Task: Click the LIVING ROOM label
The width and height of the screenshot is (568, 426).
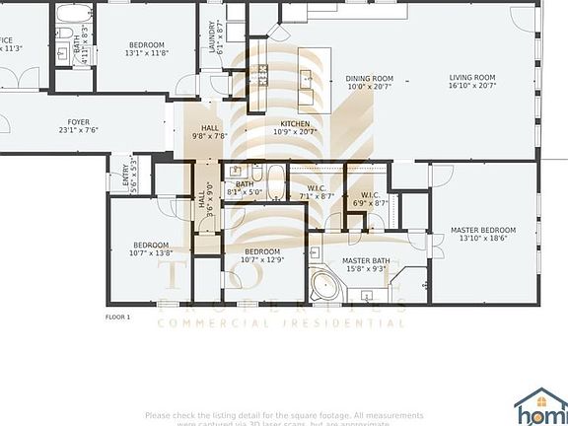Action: [x=472, y=78]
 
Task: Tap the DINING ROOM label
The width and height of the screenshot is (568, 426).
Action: [x=369, y=78]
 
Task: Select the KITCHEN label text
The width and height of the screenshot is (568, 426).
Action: [x=295, y=123]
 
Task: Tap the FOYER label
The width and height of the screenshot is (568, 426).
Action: [x=79, y=123]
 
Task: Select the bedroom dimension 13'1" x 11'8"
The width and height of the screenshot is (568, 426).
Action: [x=147, y=53]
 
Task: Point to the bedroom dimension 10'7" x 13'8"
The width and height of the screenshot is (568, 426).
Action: [x=151, y=253]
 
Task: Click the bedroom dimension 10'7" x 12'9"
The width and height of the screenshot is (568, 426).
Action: [x=263, y=260]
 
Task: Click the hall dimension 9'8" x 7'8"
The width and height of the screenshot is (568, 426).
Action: [x=210, y=136]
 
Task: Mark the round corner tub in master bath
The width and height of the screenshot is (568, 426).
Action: [x=322, y=286]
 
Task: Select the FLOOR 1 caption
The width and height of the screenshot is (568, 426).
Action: [x=117, y=318]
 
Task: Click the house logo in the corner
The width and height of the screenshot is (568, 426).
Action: [x=540, y=404]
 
